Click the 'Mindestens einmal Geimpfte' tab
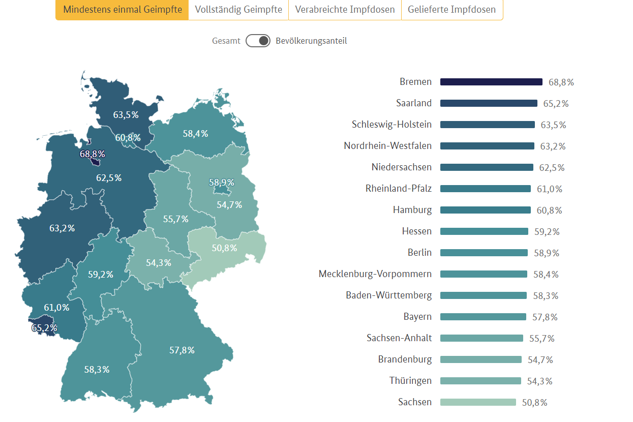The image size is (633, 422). (x=122, y=10)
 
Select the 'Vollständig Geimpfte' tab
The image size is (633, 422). (x=238, y=10)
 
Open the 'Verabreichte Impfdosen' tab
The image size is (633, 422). (x=345, y=10)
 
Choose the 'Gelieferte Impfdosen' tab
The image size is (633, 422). (x=451, y=10)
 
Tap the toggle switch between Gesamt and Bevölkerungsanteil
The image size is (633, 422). (x=258, y=41)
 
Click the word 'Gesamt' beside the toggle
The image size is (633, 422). (x=226, y=41)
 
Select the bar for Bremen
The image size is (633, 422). (x=491, y=82)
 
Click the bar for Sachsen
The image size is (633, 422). (x=478, y=402)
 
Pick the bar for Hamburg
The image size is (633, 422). (x=486, y=210)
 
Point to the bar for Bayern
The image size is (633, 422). (x=483, y=317)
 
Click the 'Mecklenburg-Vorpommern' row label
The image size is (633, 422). (x=375, y=274)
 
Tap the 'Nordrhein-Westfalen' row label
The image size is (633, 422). (x=387, y=146)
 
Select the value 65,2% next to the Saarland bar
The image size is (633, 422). (x=556, y=104)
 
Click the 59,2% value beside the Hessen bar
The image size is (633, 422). (x=547, y=232)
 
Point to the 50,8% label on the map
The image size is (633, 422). (x=224, y=248)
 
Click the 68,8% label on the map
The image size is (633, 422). (x=92, y=154)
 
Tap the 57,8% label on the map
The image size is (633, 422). (x=182, y=350)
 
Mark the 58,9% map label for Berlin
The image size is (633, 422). (x=222, y=182)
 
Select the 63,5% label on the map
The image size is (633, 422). (x=126, y=115)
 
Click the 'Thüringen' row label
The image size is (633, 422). (x=410, y=381)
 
